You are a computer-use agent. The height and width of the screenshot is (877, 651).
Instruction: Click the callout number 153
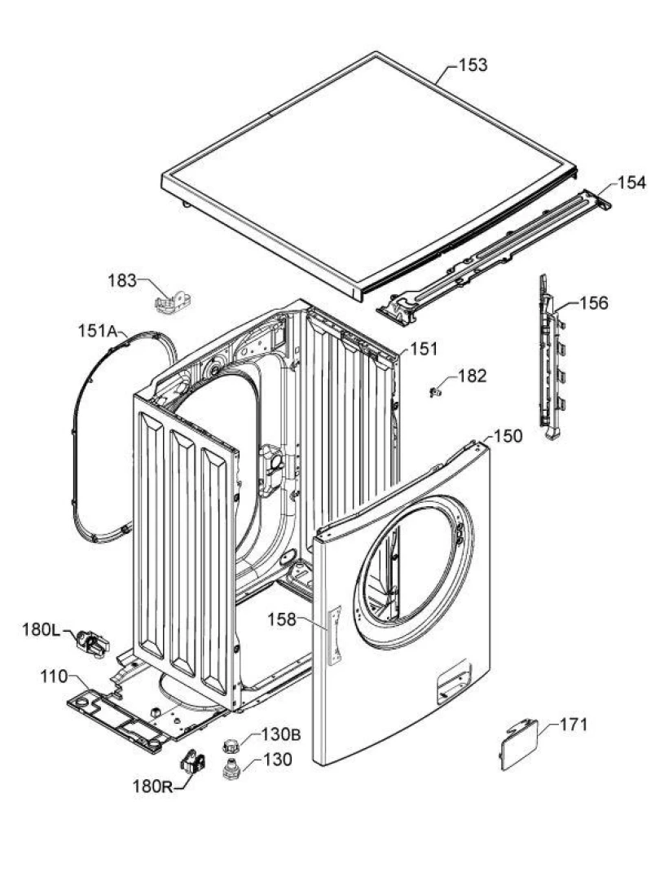(x=473, y=65)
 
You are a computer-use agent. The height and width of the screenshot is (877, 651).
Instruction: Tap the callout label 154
(x=630, y=183)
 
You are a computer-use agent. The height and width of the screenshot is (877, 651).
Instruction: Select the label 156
(x=593, y=303)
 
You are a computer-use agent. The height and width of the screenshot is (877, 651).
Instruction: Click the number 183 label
(x=122, y=280)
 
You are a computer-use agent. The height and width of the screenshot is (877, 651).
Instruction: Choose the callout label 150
(x=508, y=437)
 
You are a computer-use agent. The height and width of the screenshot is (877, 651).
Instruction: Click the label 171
(x=574, y=724)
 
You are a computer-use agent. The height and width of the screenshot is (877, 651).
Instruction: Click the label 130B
(x=281, y=734)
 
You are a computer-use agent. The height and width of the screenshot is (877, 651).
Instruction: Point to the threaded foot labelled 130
(x=231, y=768)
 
